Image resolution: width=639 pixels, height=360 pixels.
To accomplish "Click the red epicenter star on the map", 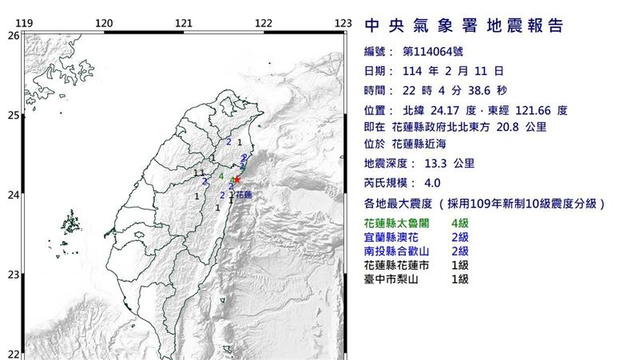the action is click(x=236, y=180).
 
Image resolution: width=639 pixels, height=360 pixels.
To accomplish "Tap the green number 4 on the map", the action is click(x=220, y=176).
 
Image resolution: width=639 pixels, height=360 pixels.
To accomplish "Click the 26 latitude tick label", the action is click(x=12, y=35).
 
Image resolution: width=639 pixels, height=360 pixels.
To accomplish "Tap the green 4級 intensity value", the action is click(x=460, y=224).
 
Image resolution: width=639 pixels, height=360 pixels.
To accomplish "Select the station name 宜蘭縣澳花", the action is click(x=391, y=238).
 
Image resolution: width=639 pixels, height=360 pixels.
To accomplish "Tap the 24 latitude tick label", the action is click(x=12, y=195).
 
